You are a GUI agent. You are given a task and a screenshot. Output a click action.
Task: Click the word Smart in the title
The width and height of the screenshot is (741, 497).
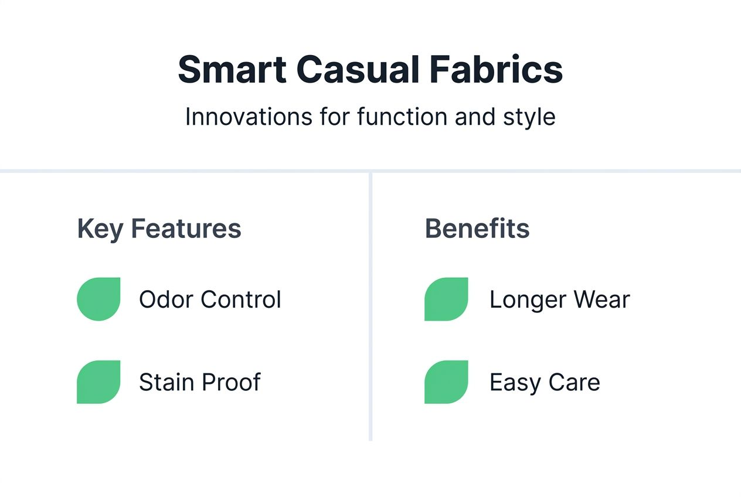[232, 70]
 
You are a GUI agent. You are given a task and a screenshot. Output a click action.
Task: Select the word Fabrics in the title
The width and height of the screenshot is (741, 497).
[496, 70]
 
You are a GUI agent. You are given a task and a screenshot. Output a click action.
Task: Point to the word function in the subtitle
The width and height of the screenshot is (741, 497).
[402, 117]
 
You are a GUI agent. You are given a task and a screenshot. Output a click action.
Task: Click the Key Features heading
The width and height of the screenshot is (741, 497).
[159, 229]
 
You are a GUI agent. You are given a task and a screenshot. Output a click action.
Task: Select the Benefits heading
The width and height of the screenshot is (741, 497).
[477, 229]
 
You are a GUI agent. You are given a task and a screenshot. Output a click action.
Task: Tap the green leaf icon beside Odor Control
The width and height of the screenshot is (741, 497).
[98, 299]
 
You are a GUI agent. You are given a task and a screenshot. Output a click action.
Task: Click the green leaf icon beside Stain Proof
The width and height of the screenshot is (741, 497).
[98, 382]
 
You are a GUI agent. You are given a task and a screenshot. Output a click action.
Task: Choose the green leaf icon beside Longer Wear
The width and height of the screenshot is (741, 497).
[446, 299]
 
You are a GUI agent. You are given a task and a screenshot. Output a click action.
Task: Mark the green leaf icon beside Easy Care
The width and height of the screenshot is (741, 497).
[446, 382]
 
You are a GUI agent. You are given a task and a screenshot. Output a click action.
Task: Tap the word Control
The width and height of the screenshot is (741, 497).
[241, 299]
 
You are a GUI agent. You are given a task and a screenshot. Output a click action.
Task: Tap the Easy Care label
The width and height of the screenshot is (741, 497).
[545, 383]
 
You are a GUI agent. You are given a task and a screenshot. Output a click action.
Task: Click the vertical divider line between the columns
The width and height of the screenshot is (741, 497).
[370, 305]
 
